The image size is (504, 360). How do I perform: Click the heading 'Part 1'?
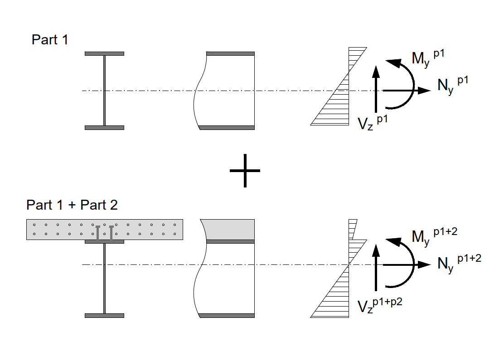pos(50,40)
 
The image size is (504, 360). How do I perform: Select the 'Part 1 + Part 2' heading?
pos(72,205)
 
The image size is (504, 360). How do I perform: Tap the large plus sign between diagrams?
pos(245,171)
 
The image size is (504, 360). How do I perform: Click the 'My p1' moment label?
pos(428,58)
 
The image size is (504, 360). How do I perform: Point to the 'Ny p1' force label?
pos(453,85)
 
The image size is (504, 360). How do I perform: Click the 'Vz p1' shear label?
pos(373,123)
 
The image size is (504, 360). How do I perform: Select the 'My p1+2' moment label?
pos(434,236)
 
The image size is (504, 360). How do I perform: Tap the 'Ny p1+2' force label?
pos(459,264)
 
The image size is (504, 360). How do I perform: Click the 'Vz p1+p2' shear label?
pos(380,305)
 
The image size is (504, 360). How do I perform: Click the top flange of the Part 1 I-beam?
pos(104,53)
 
